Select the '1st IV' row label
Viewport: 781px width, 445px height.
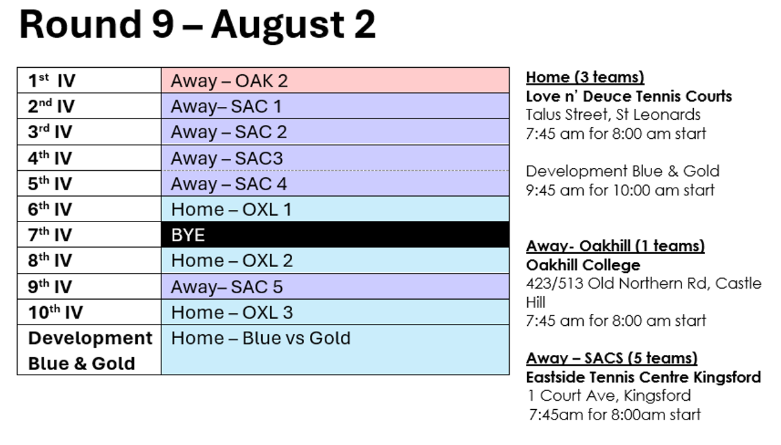(51, 81)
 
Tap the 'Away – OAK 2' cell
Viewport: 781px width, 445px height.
(335, 81)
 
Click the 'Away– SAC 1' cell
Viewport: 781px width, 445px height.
(335, 106)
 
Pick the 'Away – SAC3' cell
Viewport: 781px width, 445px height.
(335, 158)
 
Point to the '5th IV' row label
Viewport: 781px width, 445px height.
(50, 184)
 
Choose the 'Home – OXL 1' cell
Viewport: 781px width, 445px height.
(335, 209)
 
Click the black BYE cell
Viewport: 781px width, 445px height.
(335, 235)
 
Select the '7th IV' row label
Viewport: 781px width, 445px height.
(50, 235)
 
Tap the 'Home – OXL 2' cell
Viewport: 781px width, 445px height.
(335, 261)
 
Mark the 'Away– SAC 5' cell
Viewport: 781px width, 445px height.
(335, 287)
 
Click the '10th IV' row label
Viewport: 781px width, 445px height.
(55, 312)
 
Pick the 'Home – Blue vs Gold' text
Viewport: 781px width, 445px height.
(261, 338)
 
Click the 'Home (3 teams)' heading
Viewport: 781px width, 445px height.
(585, 77)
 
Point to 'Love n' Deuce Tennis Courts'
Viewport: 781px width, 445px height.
(629, 96)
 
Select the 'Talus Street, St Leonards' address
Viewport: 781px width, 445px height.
(613, 115)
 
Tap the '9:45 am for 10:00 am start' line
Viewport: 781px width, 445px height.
(620, 190)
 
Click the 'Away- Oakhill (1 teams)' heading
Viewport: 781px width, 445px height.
(616, 246)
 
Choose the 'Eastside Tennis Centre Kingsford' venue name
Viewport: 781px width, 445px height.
(643, 377)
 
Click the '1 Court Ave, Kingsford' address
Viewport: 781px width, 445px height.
(609, 395)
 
